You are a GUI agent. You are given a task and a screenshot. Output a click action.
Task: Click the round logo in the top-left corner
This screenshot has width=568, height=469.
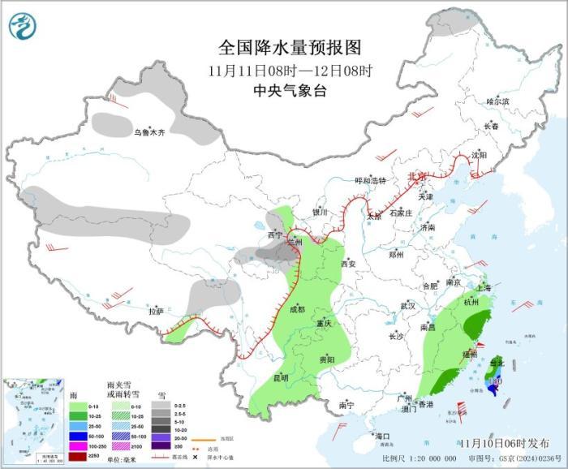tap(24, 26)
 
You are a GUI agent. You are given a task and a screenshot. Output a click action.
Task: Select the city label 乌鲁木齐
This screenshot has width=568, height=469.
tap(149, 132)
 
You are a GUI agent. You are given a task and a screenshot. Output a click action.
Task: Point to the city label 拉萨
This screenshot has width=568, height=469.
tap(156, 311)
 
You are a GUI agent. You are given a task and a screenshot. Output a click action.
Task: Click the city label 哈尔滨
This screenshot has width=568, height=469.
tap(497, 102)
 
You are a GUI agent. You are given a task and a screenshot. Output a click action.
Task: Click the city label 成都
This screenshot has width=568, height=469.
tap(296, 309)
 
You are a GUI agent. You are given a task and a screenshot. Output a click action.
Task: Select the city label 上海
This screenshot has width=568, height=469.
tap(483, 287)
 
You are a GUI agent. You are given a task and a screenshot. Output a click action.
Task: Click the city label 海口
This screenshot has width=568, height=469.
tap(382, 437)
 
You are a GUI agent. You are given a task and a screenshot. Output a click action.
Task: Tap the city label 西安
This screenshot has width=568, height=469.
tap(348, 264)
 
